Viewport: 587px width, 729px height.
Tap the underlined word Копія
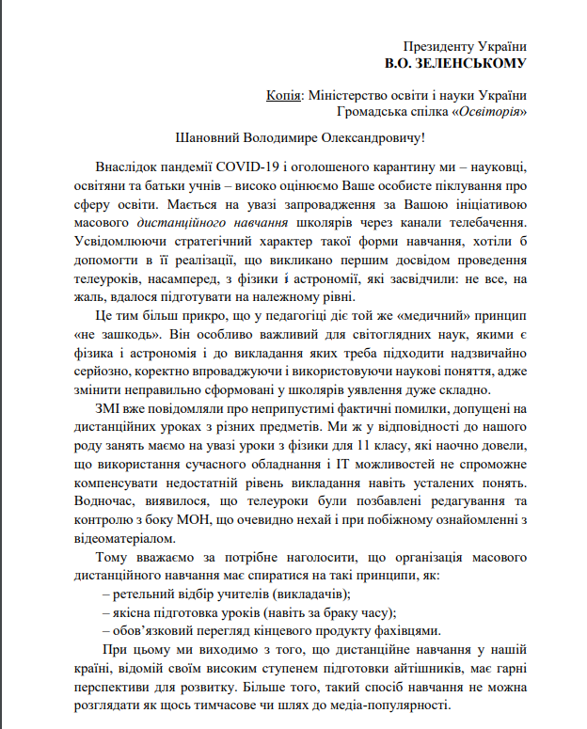(285, 95)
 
